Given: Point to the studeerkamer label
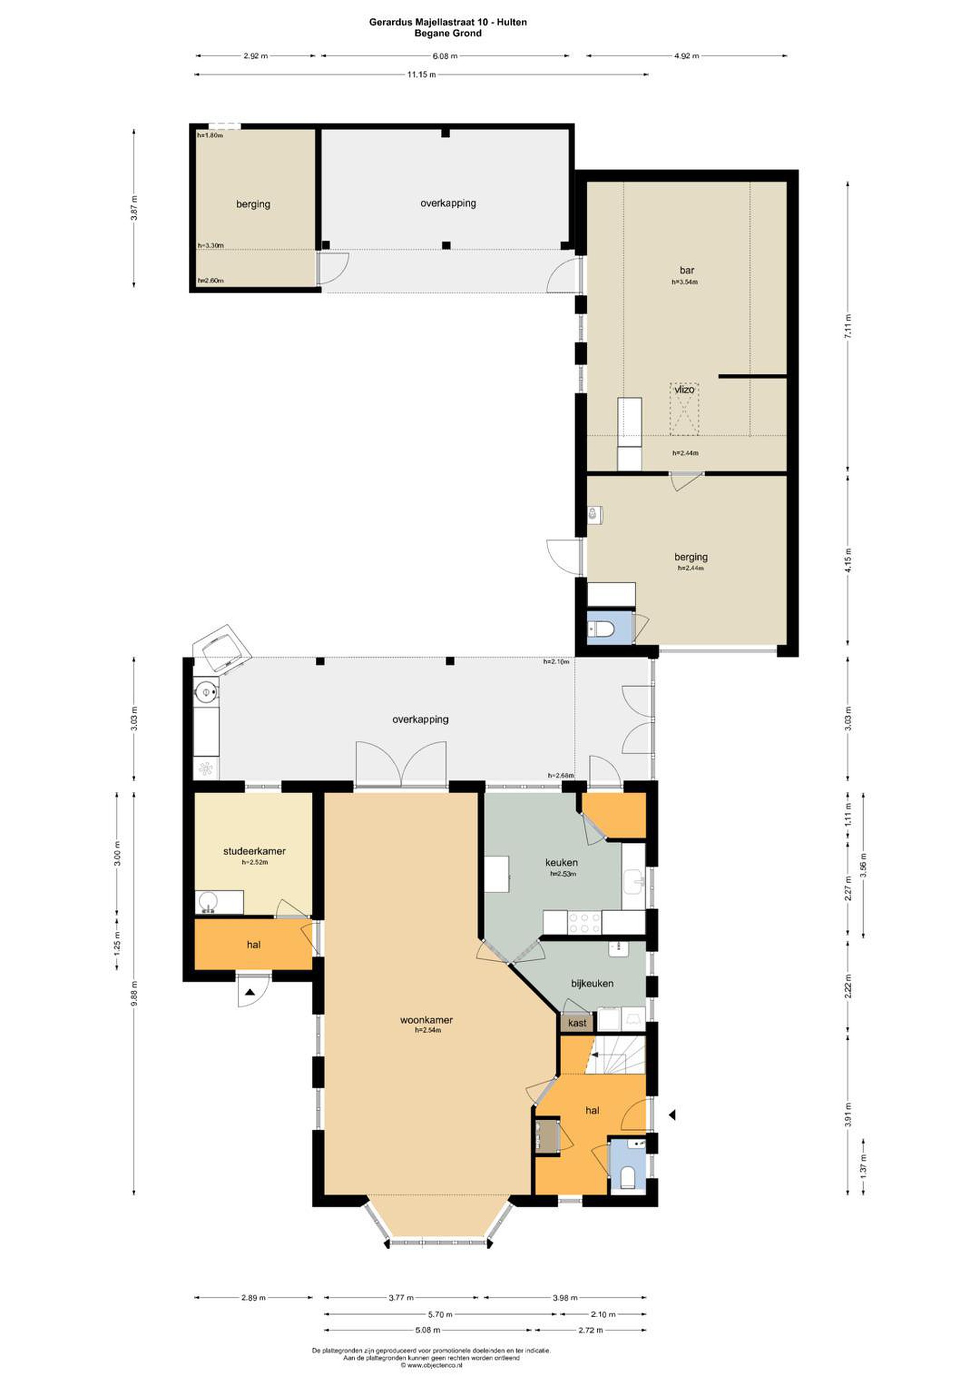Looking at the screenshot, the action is coord(254,851).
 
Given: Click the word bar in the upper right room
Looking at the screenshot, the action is coord(686,271).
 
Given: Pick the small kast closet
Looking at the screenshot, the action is coord(577,1023).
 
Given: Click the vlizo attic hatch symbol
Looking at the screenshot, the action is coord(684,408).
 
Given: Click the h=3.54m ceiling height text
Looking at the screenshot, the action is coord(685,282).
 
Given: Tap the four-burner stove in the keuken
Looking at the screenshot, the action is coord(584,922).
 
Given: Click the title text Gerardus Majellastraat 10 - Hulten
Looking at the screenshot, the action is coord(448,22).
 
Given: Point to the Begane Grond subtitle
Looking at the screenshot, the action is coord(448,33).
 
